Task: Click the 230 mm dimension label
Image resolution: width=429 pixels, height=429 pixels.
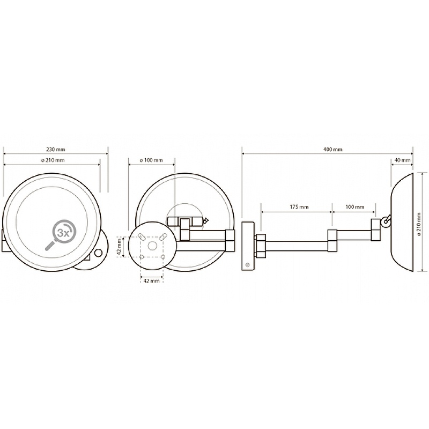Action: [56, 150]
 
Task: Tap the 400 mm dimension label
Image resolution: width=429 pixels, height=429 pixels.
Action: [332, 150]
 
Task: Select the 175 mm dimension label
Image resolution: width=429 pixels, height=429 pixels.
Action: [299, 207]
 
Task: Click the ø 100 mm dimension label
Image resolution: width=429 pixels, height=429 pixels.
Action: [151, 160]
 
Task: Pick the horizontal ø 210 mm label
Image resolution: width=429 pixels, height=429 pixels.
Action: [53, 160]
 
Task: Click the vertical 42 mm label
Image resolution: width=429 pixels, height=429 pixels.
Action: [119, 247]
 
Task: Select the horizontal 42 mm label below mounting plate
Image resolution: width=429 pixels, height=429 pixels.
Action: [151, 281]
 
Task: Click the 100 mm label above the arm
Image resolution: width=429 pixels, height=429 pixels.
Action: [355, 207]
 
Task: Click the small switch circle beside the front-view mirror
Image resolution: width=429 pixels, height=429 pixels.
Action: [98, 253]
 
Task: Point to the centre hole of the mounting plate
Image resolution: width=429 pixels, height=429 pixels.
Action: [152, 246]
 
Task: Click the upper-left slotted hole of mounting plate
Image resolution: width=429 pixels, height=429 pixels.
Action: [142, 236]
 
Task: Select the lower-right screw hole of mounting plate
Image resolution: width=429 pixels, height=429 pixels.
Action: [163, 257]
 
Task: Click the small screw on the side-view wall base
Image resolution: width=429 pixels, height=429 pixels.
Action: [248, 265]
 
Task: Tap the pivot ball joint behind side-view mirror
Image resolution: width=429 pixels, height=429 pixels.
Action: [387, 220]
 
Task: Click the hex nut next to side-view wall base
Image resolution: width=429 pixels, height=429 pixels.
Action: [261, 246]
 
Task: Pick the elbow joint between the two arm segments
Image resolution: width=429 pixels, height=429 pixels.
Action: [332, 240]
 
